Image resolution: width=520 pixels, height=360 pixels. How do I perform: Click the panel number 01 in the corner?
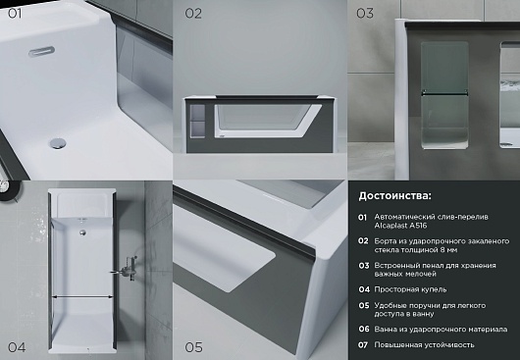(x=15, y=14)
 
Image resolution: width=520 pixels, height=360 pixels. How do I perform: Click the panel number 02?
(x=193, y=14)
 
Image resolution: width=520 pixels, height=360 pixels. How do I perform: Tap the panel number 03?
(x=365, y=14)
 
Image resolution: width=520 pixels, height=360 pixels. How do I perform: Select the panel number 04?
(x=17, y=347)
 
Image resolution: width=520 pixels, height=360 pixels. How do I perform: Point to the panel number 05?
(x=193, y=347)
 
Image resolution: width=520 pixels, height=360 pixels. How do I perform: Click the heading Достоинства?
(x=395, y=196)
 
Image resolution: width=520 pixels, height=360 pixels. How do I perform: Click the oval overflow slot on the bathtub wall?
(x=41, y=52)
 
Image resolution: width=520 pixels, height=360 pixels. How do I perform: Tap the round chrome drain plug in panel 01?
(x=58, y=143)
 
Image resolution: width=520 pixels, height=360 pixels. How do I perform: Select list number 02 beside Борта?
(x=363, y=241)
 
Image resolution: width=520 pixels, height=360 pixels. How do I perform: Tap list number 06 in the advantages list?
(x=364, y=330)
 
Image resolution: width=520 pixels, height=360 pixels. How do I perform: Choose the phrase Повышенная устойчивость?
(x=424, y=344)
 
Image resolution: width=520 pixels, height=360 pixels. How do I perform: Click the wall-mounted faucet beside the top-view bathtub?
(x=126, y=269)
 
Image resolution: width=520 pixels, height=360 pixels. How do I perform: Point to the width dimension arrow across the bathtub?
(x=83, y=297)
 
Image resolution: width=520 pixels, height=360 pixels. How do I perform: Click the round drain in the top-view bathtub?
(x=82, y=232)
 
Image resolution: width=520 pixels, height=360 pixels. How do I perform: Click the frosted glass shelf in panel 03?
(x=444, y=93)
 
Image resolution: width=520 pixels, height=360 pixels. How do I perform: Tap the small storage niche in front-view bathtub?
(x=198, y=121)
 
